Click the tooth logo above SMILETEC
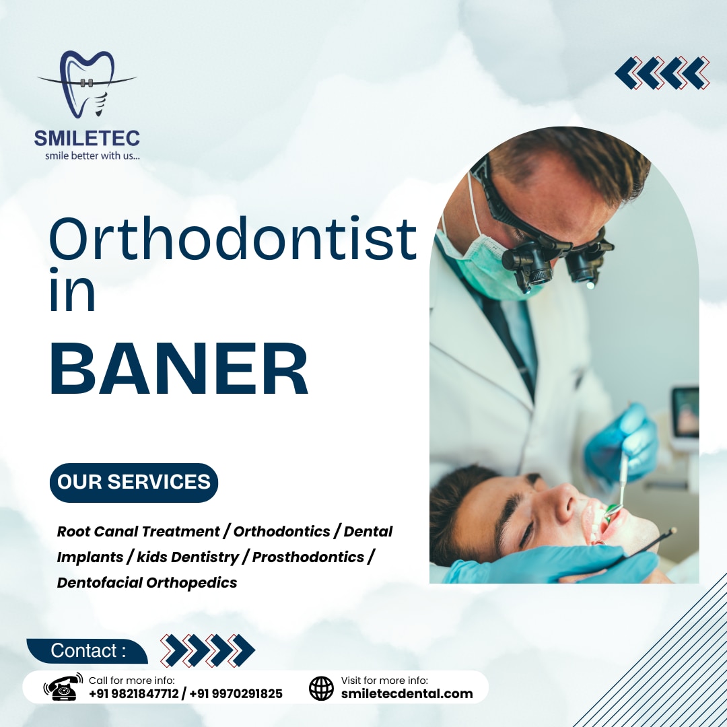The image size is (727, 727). (86, 84)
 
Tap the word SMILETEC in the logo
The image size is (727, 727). (87, 139)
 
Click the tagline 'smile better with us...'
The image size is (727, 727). (92, 156)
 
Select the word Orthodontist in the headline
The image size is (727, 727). (232, 240)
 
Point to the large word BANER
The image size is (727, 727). (178, 370)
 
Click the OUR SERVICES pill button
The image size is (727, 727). (134, 482)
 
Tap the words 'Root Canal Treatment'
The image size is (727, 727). (138, 531)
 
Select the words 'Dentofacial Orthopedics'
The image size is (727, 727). (147, 582)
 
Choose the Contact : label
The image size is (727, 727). (88, 651)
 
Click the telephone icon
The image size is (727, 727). (62, 687)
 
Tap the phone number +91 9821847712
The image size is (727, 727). (134, 693)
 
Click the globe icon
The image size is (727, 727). (321, 688)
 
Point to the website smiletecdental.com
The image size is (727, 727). (407, 693)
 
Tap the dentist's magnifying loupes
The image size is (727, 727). (552, 259)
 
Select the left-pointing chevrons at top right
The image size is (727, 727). (662, 73)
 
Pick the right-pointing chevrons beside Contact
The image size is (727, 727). (208, 650)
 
